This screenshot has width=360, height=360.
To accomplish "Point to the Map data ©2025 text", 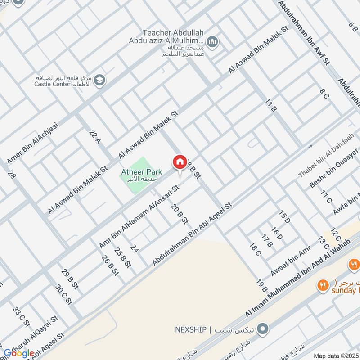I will [336, 355].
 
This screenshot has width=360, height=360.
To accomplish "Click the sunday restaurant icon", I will [322, 285].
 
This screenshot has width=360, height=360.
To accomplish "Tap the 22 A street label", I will [94, 135].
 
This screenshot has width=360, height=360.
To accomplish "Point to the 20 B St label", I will [179, 216].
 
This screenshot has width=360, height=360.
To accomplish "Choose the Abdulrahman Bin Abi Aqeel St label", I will [192, 234].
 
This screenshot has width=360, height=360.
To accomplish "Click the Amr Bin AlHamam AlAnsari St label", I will [139, 216].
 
